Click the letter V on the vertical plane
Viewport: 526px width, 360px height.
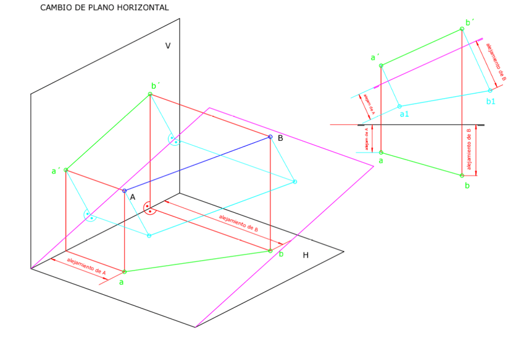tap(167, 45)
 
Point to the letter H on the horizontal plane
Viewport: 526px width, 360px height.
tap(305, 255)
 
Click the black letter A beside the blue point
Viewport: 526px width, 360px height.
tap(132, 197)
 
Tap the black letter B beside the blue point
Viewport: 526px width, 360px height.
tap(280, 138)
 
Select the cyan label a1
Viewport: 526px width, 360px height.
tap(404, 114)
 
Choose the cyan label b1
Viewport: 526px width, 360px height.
tap(491, 101)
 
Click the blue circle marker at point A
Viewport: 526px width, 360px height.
tap(124, 191)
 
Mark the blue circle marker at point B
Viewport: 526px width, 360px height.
tap(270, 137)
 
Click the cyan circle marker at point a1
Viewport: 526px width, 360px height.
tap(399, 106)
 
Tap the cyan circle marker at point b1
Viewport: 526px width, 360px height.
tap(489, 91)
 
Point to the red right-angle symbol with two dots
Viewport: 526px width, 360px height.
tap(149, 208)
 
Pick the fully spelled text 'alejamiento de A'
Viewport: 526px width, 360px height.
tap(86, 266)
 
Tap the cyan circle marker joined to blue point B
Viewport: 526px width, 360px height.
tap(295, 182)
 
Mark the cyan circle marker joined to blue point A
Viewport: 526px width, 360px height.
tap(148, 236)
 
